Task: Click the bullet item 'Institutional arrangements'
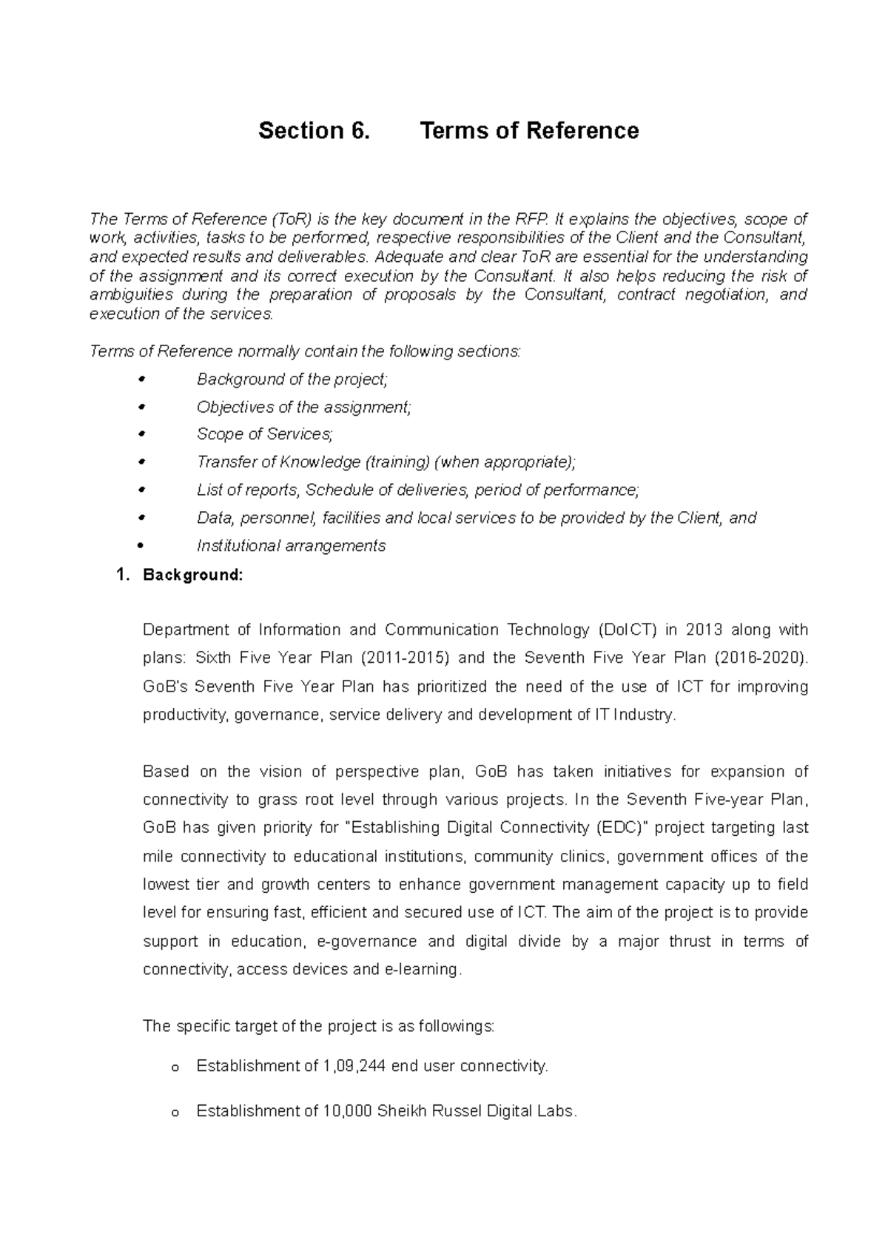coord(291,546)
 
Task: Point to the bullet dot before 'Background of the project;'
coord(142,379)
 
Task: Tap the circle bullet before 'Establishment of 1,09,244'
coord(175,1068)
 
